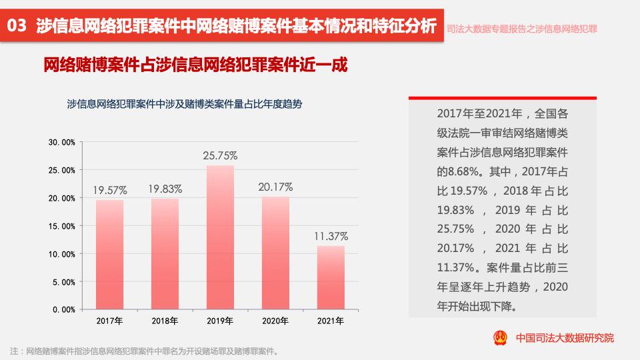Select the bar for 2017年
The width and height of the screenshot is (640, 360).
(x=109, y=255)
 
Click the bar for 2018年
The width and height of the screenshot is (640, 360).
(x=165, y=254)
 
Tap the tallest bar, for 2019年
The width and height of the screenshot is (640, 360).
(x=220, y=237)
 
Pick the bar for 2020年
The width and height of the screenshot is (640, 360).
(x=275, y=253)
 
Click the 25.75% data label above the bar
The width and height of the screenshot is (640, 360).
(x=220, y=156)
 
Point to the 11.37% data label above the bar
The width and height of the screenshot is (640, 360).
(x=331, y=236)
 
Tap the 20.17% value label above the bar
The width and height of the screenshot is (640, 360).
(x=276, y=187)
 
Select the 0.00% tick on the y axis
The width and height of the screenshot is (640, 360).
(x=64, y=310)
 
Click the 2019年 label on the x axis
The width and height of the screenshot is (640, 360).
(x=220, y=321)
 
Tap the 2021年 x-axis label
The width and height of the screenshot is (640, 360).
(x=331, y=321)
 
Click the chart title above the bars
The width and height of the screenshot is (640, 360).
(x=185, y=104)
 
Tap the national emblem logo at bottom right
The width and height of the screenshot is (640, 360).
(x=500, y=337)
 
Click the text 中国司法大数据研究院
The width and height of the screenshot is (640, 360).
(x=565, y=338)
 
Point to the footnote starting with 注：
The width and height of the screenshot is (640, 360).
(x=144, y=351)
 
